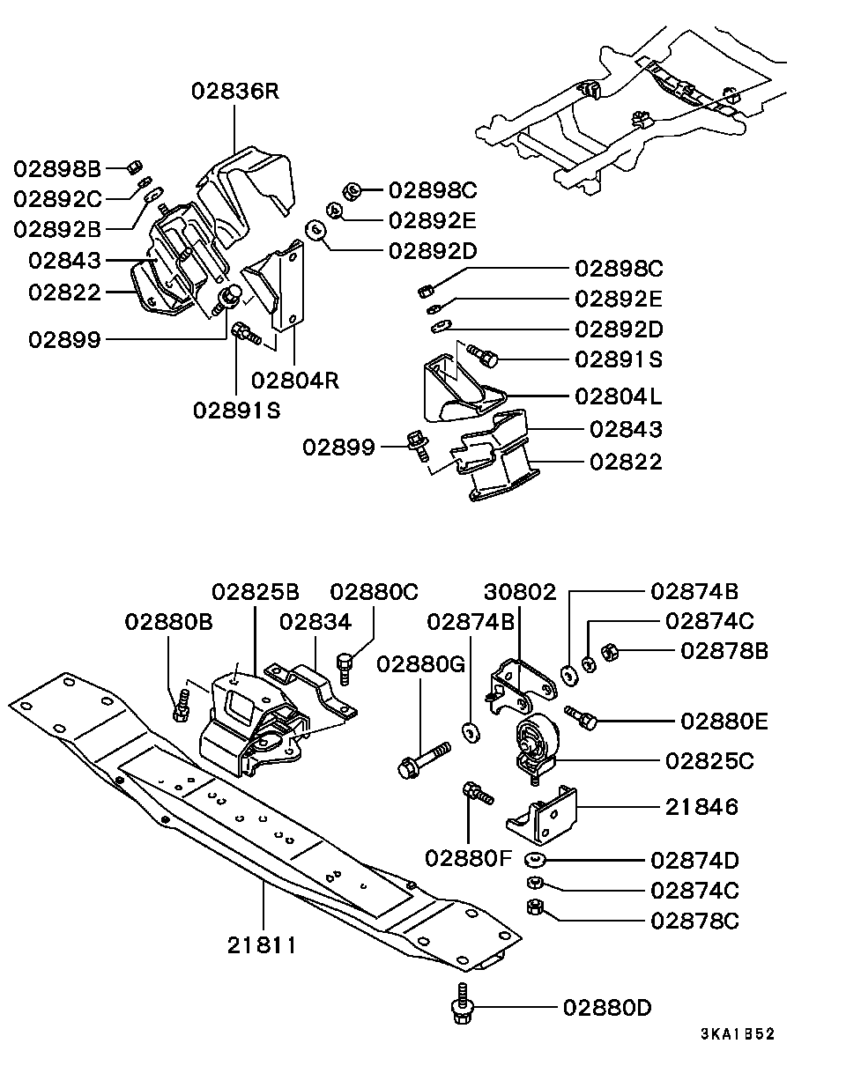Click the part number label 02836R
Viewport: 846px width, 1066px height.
235,91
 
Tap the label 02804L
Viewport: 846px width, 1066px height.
618,396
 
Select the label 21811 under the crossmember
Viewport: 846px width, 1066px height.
262,945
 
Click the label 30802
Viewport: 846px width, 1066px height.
520,592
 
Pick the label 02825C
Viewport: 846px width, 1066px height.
709,761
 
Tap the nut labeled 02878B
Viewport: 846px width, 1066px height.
609,652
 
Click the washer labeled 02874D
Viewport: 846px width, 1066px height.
535,861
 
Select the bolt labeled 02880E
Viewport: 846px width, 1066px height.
581,718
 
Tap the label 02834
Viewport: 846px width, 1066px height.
315,622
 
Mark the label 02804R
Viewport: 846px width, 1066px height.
295,381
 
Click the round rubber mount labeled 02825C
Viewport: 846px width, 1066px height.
537,748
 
